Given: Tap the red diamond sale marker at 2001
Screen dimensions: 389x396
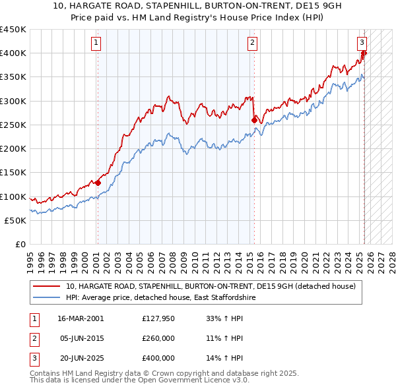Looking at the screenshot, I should [x=98, y=183].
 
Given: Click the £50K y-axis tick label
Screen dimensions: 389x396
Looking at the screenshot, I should [x=16, y=221].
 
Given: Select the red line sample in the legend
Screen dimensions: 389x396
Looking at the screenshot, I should [x=48, y=287].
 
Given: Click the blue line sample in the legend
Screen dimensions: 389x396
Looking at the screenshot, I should [x=48, y=298].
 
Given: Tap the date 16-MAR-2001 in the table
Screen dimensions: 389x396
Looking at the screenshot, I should [x=81, y=319].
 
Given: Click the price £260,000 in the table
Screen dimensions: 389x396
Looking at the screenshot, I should [x=158, y=339].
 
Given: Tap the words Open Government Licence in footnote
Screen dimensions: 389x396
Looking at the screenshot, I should [x=181, y=380].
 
